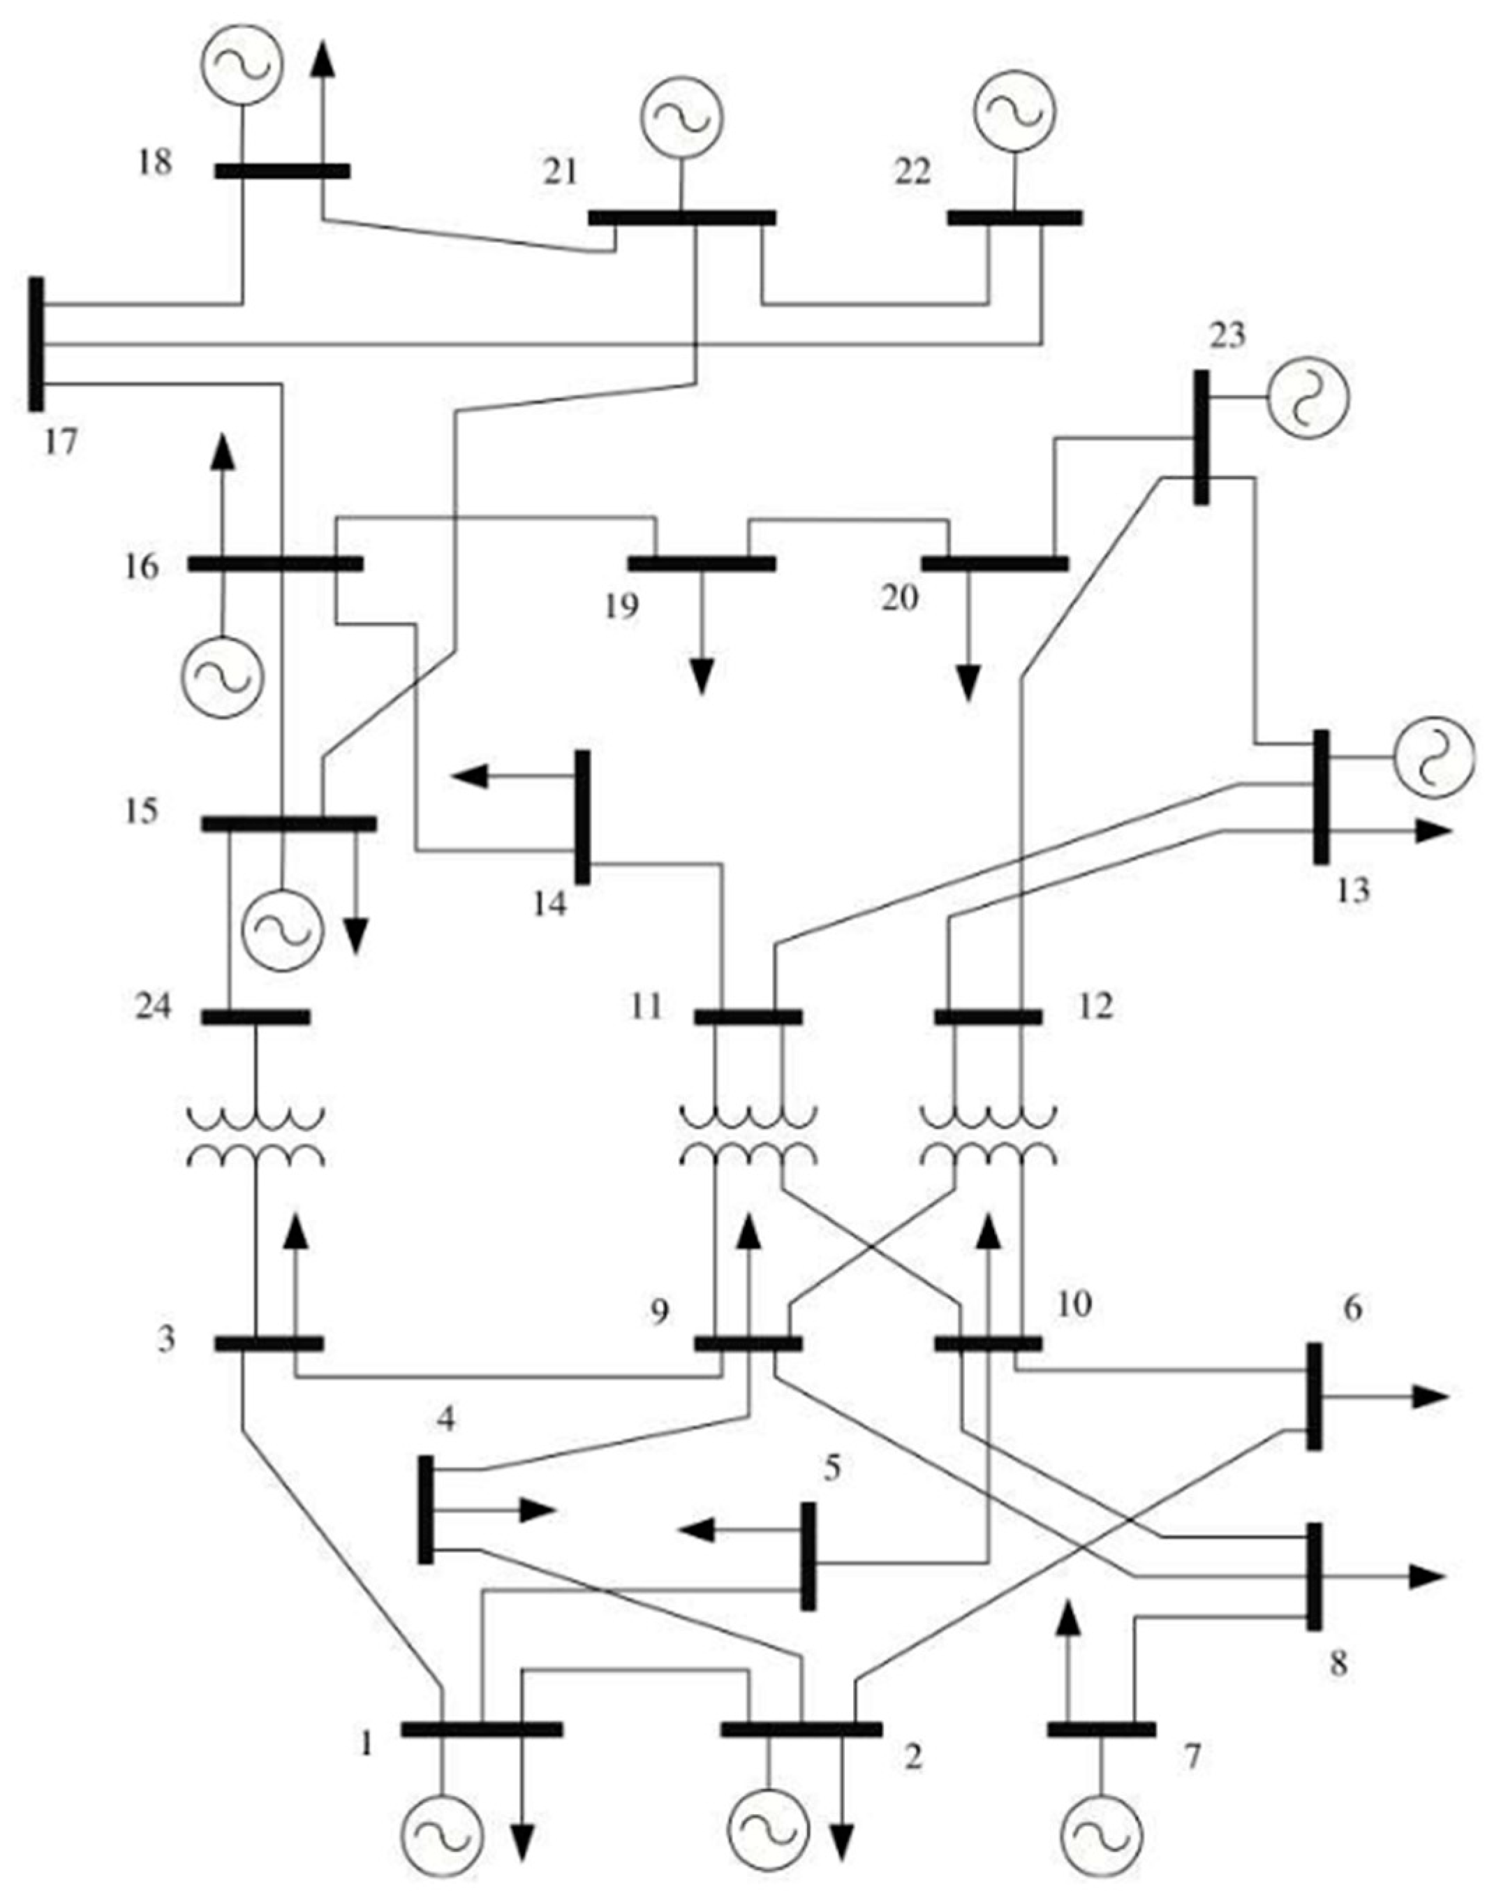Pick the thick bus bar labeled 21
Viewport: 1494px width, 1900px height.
click(x=681, y=217)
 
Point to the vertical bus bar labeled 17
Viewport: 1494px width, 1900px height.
click(x=36, y=344)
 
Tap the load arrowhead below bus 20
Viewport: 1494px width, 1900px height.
click(x=968, y=683)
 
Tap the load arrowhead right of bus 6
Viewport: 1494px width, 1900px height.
click(x=1431, y=1398)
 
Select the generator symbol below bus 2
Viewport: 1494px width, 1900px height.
click(x=770, y=1831)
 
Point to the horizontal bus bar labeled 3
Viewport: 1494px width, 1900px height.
click(x=269, y=1343)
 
